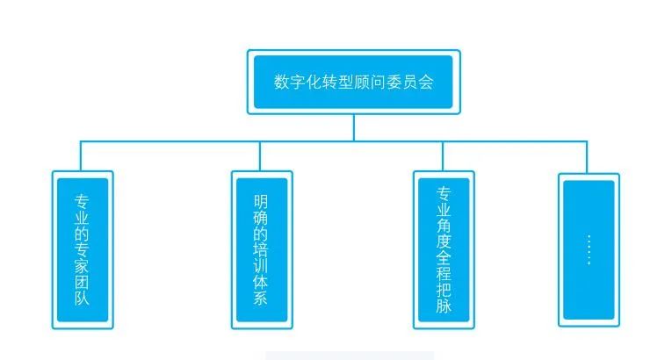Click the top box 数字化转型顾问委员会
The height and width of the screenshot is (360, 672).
click(353, 82)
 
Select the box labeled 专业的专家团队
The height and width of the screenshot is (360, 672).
click(83, 250)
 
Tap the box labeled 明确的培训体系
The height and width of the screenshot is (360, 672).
click(261, 250)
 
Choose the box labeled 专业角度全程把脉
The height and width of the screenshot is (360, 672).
click(444, 250)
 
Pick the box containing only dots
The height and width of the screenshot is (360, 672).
click(589, 250)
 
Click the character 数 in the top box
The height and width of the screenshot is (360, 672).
click(282, 82)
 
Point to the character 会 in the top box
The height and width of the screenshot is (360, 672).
click(426, 82)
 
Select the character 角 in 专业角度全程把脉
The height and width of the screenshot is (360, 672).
click(444, 227)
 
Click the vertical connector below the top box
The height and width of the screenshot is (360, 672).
click(354, 127)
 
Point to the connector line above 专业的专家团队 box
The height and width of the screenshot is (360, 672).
click(81, 155)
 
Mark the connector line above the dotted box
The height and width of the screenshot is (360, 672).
click(586, 156)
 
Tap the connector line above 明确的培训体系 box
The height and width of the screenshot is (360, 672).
click(260, 155)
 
